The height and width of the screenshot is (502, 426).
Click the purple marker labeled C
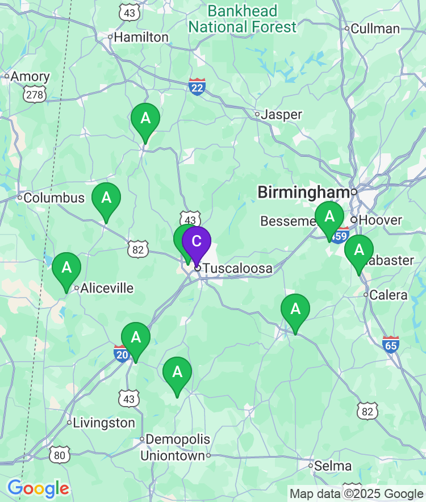[x=196, y=242]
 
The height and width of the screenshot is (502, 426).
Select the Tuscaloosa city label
[x=237, y=268]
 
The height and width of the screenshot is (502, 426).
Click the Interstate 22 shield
[x=197, y=86]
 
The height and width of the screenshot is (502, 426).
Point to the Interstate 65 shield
[x=391, y=344]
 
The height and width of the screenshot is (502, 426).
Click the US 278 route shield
[x=35, y=94]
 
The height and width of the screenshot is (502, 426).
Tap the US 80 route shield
[x=60, y=455]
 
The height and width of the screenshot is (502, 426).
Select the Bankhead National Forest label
[x=243, y=19]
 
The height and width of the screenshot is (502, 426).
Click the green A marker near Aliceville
[x=66, y=267]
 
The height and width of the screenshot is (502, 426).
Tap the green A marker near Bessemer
[x=329, y=217]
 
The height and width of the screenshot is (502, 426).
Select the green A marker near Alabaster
[x=359, y=250]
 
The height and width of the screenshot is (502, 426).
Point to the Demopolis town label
[x=178, y=439]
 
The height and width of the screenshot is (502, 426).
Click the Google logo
[x=38, y=488]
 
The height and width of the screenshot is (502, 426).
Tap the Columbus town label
[x=54, y=198]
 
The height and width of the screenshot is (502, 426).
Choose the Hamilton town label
[x=141, y=37]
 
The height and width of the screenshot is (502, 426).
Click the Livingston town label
[x=104, y=423]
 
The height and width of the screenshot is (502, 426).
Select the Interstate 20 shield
[x=122, y=353]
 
